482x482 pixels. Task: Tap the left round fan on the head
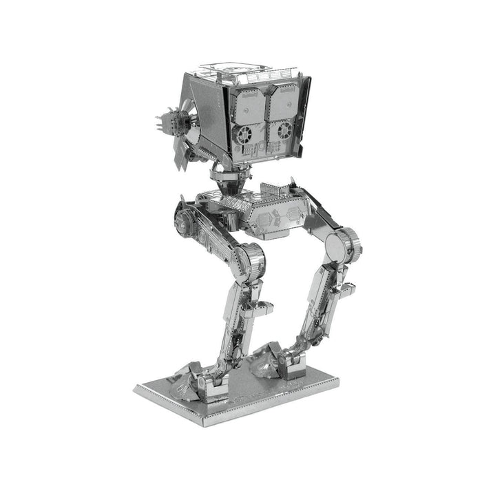click(x=242, y=133)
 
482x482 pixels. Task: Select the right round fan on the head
click(x=281, y=131)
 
